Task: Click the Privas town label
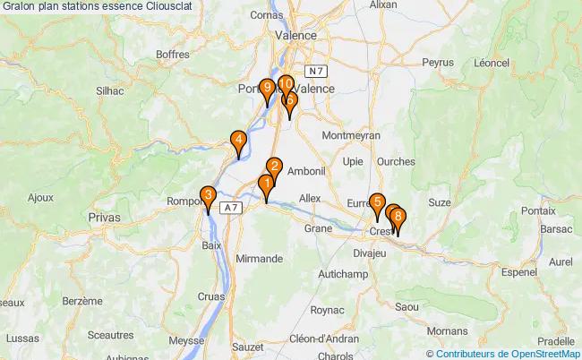coord(104,217)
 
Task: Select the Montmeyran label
coord(351,134)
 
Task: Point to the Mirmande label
coord(258,258)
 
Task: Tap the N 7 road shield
coord(314,70)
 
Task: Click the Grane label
coord(318,228)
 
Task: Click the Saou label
coord(406,307)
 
